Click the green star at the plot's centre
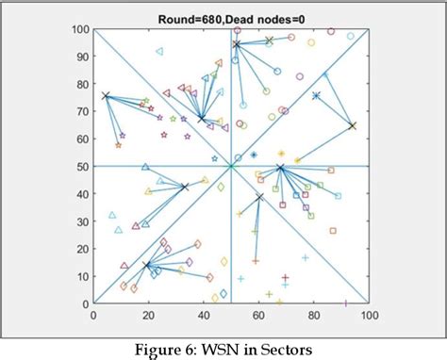[x=231, y=167]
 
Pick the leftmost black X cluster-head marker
[x=106, y=96]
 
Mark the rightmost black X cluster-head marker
[x=352, y=125]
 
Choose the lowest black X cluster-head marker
[x=146, y=265]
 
